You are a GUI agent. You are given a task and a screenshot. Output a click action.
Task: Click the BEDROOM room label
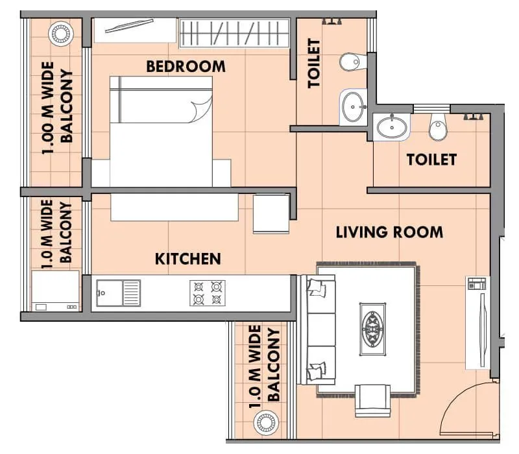pos(186,66)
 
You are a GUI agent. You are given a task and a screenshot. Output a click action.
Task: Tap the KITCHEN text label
pos(187,259)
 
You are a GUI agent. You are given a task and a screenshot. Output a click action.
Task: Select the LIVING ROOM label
pos(389,232)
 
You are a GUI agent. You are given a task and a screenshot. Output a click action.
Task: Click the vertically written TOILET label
pos(314,63)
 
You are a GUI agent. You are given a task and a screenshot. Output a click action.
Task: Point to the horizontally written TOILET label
pos(431,159)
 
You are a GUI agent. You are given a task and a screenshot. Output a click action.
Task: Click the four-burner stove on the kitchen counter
pos(207,293)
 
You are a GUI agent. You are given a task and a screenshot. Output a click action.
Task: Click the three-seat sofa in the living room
pos(317,329)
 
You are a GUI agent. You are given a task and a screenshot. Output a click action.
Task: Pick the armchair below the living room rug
pos(372,400)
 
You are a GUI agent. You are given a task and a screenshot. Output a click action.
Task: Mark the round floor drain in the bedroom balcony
pos(59,34)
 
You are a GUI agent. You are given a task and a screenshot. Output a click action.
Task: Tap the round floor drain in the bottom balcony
pos(265,422)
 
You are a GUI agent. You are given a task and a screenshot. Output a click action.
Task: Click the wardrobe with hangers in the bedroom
pos(234,33)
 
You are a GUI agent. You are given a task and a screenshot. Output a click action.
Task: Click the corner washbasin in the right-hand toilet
pos(392,126)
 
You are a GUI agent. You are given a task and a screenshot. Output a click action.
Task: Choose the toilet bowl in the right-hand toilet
pos(438,128)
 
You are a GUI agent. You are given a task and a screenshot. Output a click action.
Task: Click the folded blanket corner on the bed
pos(202,110)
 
